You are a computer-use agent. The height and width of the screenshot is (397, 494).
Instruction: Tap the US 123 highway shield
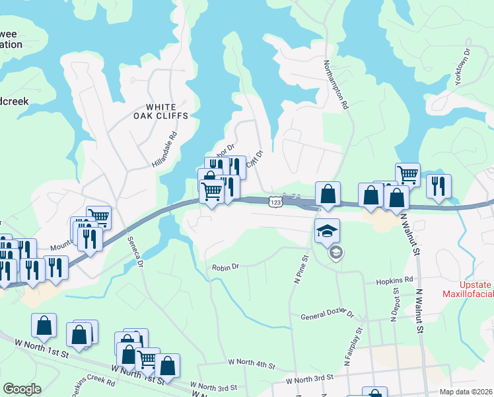276,201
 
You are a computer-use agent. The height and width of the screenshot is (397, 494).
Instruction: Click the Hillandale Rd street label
165,148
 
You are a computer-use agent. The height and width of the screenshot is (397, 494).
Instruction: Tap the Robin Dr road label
225,267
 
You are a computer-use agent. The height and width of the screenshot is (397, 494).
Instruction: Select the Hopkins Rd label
394,281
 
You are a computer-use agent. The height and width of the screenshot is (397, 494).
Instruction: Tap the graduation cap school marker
327,231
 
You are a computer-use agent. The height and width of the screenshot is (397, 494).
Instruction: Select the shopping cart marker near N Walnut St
407,175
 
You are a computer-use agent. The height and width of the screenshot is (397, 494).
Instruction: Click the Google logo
22,388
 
